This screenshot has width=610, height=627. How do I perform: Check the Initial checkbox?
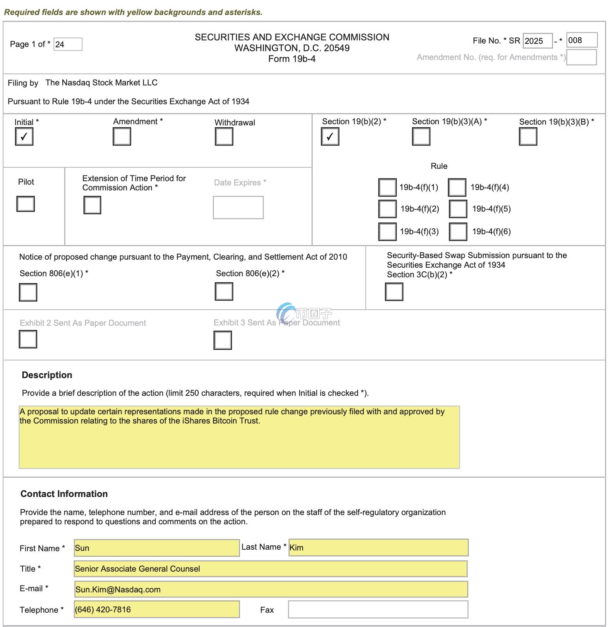point(24,137)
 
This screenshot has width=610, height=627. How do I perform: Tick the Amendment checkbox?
point(122,137)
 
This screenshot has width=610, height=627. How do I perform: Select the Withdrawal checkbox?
point(224,137)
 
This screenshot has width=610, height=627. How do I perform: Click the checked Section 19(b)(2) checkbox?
point(330,137)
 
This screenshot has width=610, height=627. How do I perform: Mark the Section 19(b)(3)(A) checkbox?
point(421,137)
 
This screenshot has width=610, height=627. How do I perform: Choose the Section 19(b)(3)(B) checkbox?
point(528,137)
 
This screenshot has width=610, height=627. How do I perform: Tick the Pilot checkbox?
point(25,204)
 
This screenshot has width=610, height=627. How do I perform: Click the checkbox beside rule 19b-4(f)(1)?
point(387,187)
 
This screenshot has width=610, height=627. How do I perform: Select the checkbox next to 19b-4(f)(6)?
point(458,232)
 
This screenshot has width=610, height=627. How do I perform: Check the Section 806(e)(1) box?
point(28,292)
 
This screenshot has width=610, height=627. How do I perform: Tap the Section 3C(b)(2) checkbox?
point(394,292)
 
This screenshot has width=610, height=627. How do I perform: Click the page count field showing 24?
point(68,44)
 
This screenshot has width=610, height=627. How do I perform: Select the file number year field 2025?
point(537,41)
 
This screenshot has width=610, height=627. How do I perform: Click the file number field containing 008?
point(582,40)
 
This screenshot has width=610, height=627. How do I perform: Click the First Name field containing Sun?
point(157,548)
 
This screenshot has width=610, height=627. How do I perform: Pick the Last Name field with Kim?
point(378,547)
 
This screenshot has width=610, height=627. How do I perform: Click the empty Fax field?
point(378,609)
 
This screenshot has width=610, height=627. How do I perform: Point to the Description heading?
point(47,375)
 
